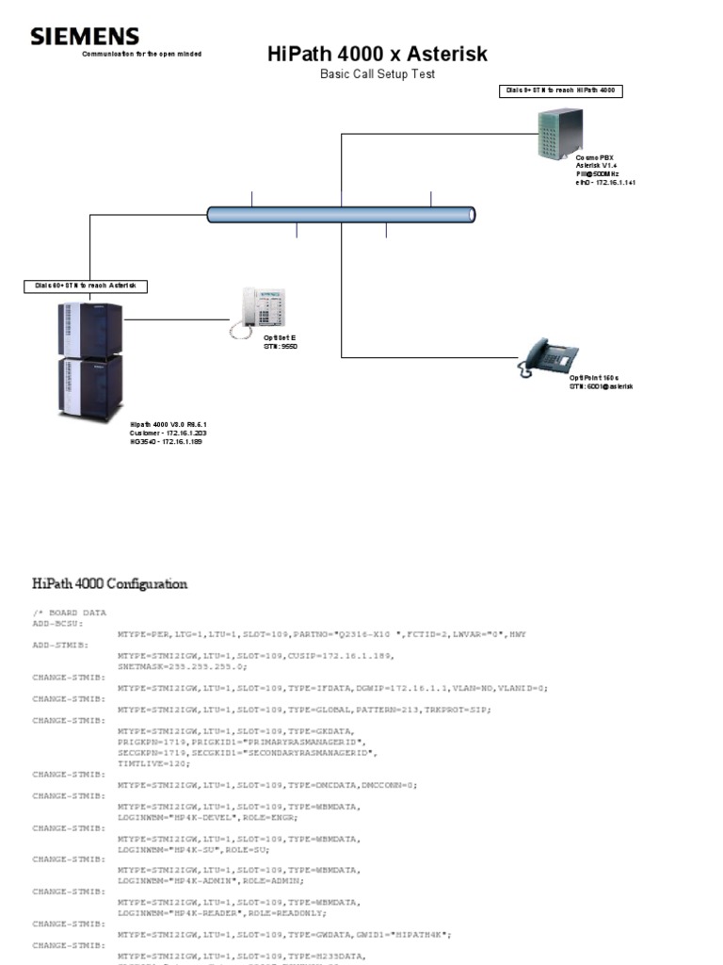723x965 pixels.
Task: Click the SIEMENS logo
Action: (85, 37)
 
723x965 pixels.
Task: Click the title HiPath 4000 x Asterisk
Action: (378, 54)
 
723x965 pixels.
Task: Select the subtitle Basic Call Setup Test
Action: (378, 74)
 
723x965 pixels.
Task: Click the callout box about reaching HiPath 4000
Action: (561, 90)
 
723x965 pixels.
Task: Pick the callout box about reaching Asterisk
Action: (86, 285)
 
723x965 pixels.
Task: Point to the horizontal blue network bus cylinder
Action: (341, 215)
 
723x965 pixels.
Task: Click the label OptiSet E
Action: (280, 336)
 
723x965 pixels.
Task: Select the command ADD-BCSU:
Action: (59, 624)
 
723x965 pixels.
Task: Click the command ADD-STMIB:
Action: (61, 646)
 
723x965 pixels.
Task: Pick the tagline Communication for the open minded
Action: (141, 54)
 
